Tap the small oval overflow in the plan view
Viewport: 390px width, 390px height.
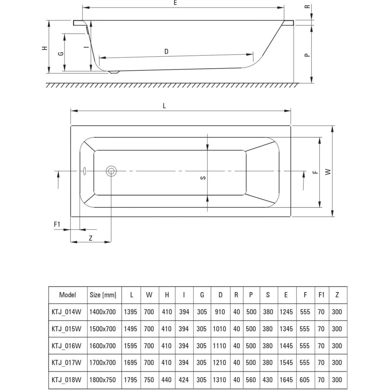pos(84,170)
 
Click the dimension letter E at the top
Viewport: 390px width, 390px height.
pos(175,3)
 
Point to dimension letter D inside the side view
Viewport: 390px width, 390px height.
pos(166,51)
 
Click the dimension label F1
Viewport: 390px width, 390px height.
pos(57,224)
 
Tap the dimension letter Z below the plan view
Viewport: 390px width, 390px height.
pos(91,238)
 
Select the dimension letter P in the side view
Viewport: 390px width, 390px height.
pos(307,55)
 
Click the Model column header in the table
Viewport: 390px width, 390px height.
pos(68,295)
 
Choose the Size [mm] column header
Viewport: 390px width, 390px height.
pos(103,295)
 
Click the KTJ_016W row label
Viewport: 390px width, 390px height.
pos(66,346)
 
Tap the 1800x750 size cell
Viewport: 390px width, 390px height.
pos(103,380)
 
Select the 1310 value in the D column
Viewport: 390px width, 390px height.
pos(220,380)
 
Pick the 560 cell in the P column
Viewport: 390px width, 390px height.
pos(251,380)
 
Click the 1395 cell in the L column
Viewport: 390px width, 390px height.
pos(131,312)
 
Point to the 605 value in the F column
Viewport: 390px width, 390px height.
pos(305,380)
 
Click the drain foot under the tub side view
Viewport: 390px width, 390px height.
pos(114,72)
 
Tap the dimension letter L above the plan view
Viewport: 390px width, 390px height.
pos(164,106)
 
